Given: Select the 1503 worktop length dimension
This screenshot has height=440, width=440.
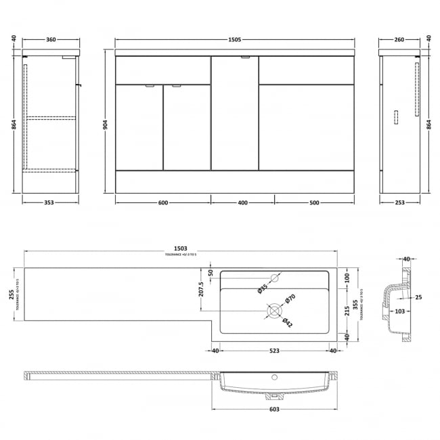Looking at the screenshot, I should click(180, 248).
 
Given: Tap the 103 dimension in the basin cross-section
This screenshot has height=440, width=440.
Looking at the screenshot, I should click(400, 311).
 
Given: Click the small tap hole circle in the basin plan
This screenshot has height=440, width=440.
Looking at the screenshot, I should click(275, 277).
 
